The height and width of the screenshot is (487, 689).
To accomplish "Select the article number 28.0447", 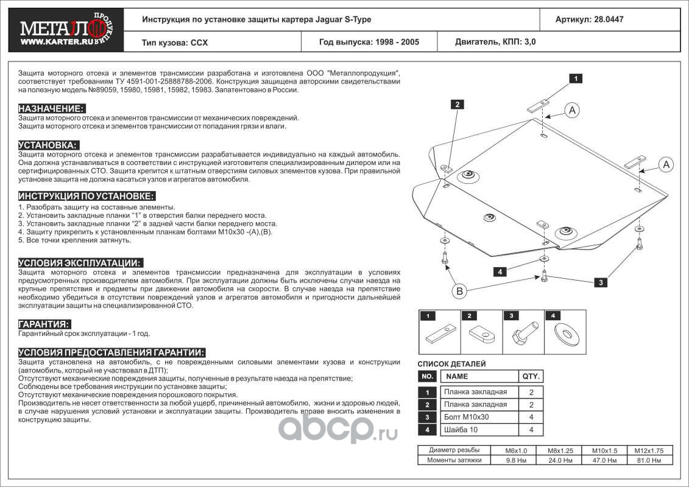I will coord(589,19).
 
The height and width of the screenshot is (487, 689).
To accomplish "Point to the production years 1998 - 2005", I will coord(369,43).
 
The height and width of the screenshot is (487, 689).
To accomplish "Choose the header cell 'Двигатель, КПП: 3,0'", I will coord(496,43).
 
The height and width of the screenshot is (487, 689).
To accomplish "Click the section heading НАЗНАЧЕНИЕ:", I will coord(51,108).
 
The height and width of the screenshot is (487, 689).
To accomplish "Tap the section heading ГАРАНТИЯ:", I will coord(44,324).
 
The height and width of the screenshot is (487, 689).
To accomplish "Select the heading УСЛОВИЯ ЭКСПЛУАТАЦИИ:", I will coord(80,263).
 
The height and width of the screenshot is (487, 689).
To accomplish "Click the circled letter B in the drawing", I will coord(460,292).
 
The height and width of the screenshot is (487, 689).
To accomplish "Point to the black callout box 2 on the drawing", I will coord(457,105).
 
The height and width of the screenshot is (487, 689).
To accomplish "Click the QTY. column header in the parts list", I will coord(529,376).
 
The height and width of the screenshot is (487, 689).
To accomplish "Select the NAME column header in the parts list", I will coord(457,376).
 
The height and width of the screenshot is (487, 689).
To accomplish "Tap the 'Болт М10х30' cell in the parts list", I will coord(467,418).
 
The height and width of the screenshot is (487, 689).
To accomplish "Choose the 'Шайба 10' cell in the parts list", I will coord(462,430).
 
